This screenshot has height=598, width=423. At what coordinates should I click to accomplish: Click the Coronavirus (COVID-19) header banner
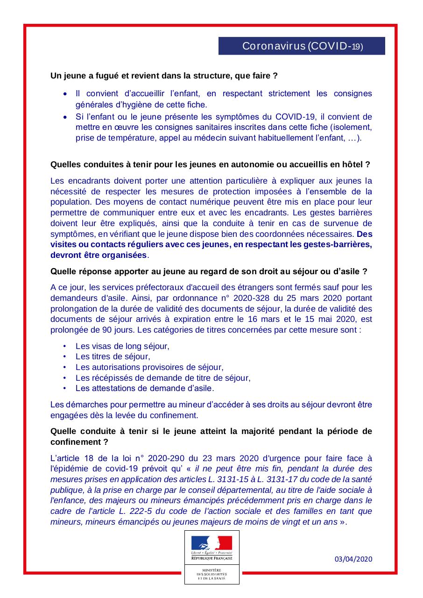(302, 46)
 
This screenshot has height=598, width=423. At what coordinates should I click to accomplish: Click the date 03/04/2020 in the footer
(354, 559)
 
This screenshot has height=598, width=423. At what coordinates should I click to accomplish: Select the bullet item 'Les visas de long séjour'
(122, 346)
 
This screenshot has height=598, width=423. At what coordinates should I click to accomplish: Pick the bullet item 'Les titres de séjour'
(113, 356)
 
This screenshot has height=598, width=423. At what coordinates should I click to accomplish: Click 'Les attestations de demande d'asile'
(145, 388)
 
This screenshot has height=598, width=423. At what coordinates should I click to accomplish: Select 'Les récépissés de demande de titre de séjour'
(163, 377)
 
